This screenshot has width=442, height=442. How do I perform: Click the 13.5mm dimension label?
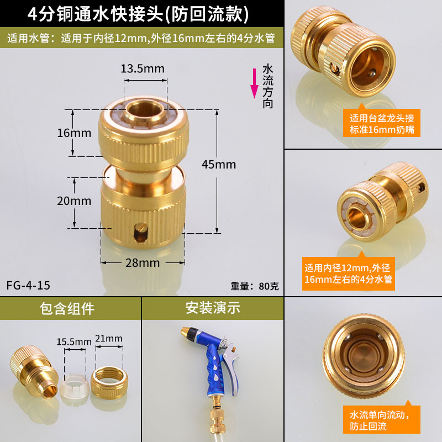click(x=143, y=69)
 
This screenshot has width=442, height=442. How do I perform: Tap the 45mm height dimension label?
click(x=219, y=164)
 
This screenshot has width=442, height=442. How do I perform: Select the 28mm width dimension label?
click(x=143, y=263)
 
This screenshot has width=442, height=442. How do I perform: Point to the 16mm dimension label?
click(x=74, y=133)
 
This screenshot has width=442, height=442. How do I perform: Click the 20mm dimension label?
click(x=74, y=201)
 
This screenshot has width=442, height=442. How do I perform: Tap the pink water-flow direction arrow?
click(x=255, y=83)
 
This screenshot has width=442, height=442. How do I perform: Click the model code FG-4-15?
click(x=28, y=285)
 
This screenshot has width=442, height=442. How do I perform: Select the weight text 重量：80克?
click(x=255, y=286)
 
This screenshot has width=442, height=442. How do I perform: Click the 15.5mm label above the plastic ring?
click(x=74, y=341)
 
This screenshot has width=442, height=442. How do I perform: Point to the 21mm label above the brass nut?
click(x=109, y=338)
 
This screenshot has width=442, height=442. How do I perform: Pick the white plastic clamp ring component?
click(x=75, y=386)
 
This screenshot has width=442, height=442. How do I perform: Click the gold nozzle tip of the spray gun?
click(x=186, y=330)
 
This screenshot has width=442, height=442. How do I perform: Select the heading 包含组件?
click(x=67, y=308)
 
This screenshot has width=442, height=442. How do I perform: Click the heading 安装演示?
click(x=213, y=308)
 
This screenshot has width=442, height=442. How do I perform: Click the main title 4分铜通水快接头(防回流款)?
click(x=138, y=14)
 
